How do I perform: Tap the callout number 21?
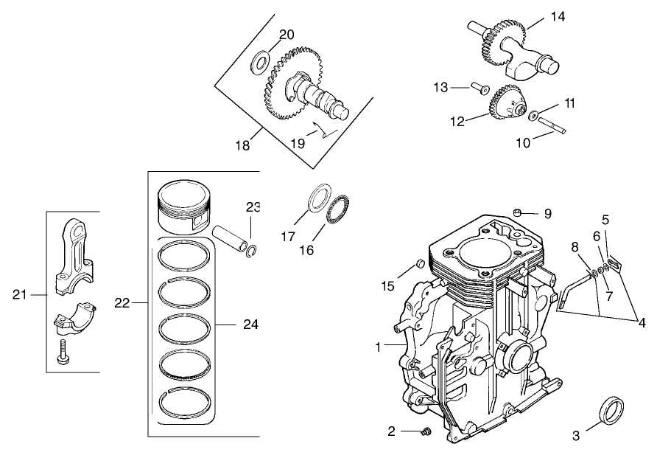pyautogui.click(x=19, y=295)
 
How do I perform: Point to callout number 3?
pyautogui.click(x=576, y=436)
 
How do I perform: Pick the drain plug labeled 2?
pyautogui.click(x=425, y=431)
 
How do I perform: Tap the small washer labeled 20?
pyautogui.click(x=261, y=60)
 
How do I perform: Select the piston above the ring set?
pyautogui.click(x=186, y=207)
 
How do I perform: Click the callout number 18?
pyautogui.click(x=242, y=145)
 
